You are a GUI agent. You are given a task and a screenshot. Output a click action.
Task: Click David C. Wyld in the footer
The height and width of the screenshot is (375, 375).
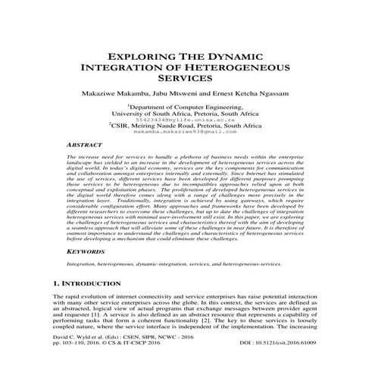click(70, 356)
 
